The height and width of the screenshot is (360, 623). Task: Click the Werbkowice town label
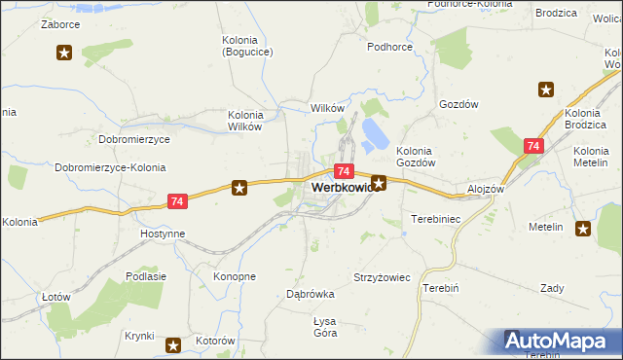click(341, 186)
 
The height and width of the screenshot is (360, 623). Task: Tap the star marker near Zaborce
click(65, 53)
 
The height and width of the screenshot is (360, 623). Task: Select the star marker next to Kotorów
click(173, 344)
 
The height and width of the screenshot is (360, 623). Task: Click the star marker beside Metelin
click(583, 230)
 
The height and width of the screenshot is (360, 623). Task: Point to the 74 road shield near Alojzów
click(531, 146)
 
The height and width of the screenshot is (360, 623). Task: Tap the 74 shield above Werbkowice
click(345, 170)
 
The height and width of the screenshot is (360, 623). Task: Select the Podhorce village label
click(389, 47)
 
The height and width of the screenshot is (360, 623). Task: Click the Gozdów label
click(460, 103)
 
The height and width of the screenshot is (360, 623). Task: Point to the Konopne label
click(234, 276)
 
